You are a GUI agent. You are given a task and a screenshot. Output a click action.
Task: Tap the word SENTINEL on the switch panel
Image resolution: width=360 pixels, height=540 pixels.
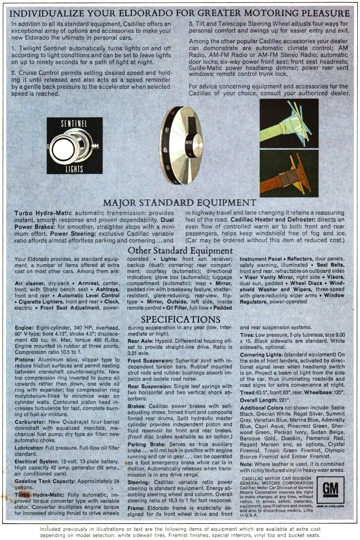pyautogui.click(x=76, y=124)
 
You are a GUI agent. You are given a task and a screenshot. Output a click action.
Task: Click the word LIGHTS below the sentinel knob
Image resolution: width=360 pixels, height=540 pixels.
pyautogui.click(x=74, y=169)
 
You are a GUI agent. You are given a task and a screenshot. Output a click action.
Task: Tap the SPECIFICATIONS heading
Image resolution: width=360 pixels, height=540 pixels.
pyautogui.click(x=180, y=319)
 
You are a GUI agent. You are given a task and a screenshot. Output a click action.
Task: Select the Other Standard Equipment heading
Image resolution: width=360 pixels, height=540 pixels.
pyautogui.click(x=180, y=251)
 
